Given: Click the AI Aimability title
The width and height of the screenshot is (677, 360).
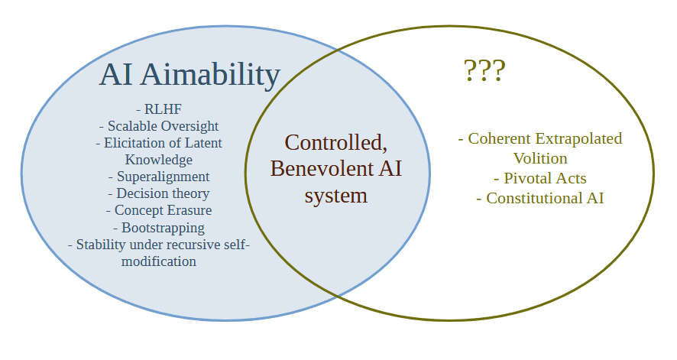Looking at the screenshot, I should (x=189, y=75).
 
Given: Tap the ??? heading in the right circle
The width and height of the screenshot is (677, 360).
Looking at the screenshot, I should (x=484, y=71).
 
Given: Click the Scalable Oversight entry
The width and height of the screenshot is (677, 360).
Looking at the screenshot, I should (x=159, y=126).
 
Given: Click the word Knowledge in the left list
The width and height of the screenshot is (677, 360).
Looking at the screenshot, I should (x=159, y=160).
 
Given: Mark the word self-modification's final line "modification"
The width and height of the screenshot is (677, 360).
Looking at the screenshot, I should (x=159, y=261).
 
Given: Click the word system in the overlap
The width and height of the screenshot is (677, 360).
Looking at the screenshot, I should (x=336, y=195).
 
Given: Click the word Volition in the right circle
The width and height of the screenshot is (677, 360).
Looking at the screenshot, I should (x=540, y=158).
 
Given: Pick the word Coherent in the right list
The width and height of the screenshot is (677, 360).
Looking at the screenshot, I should (x=500, y=138).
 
